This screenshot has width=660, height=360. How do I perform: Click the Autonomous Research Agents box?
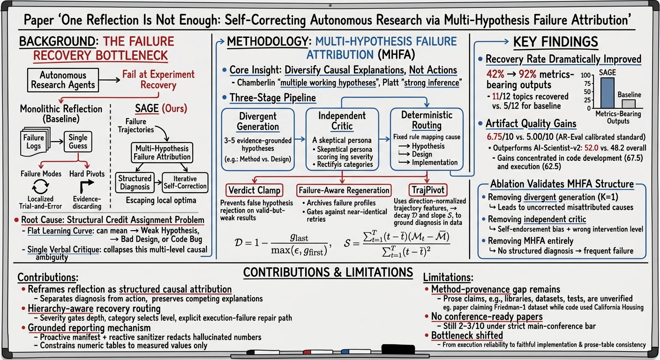pyautogui.click(x=63, y=80)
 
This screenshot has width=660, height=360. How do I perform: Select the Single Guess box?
pyautogui.click(x=78, y=142)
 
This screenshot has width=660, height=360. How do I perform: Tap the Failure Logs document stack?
pyautogui.click(x=35, y=142)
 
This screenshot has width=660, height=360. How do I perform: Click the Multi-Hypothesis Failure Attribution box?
pyautogui.click(x=162, y=153)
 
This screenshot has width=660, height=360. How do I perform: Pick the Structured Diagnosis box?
pyautogui.click(x=135, y=183)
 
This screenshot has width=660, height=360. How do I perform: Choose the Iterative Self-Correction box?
pyautogui.click(x=185, y=183)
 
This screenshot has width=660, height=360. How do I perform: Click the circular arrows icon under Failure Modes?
pyautogui.click(x=40, y=187)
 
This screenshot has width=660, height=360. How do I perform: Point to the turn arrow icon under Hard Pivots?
pyautogui.click(x=87, y=187)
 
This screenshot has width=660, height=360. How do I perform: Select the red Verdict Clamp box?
pyautogui.click(x=254, y=190)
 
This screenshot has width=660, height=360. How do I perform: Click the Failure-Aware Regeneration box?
pyautogui.click(x=344, y=190)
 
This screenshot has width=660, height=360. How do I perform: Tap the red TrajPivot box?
pyautogui.click(x=428, y=190)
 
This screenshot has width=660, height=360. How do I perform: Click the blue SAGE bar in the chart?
pyautogui.click(x=607, y=93)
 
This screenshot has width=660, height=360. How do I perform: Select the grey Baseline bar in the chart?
pyautogui.click(x=629, y=104)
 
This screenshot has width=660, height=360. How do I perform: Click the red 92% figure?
pyautogui.click(x=527, y=74)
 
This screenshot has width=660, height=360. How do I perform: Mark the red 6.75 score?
pyautogui.click(x=494, y=137)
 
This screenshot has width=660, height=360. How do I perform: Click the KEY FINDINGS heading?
pyautogui.click(x=555, y=42)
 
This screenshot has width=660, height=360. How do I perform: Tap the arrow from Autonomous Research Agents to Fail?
pyautogui.click(x=109, y=80)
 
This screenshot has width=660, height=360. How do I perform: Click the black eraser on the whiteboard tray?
pyautogui.click(x=398, y=349)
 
